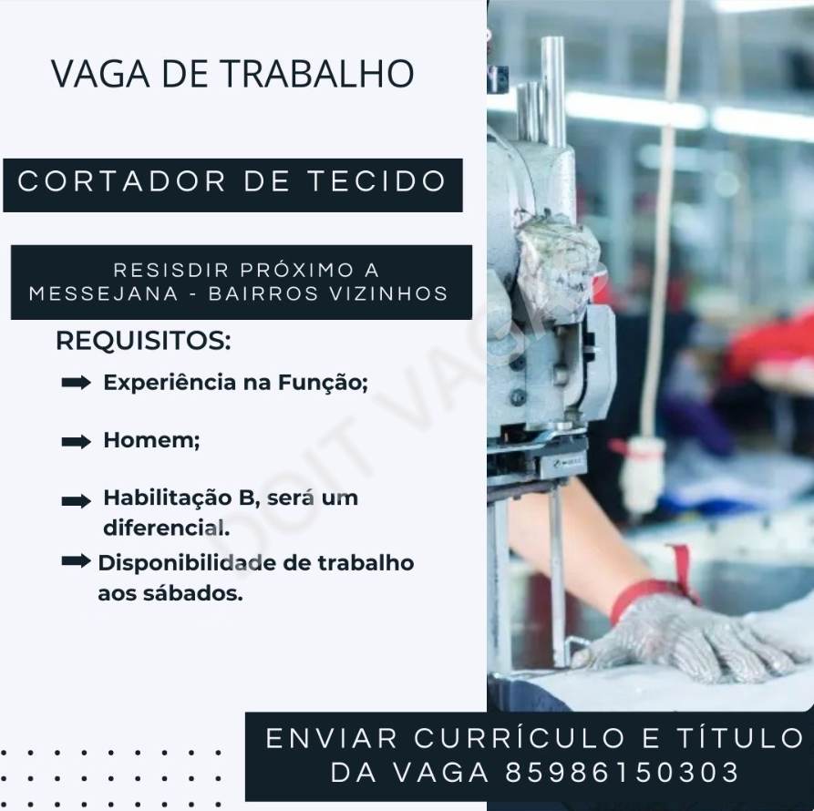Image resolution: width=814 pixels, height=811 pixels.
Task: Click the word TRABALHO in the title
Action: (x=318, y=74)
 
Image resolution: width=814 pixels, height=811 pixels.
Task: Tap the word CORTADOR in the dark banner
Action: (x=122, y=181)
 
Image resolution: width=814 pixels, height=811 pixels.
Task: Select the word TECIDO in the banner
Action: (x=376, y=181)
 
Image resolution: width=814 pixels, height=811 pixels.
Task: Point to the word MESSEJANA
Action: (x=104, y=293)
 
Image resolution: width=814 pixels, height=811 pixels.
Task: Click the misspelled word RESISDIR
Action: (x=171, y=271)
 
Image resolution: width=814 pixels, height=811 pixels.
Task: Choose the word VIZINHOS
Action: (x=389, y=293)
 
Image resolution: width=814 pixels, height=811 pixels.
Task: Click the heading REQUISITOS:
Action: (x=143, y=341)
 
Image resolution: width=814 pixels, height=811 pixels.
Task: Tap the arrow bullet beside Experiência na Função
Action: (x=77, y=383)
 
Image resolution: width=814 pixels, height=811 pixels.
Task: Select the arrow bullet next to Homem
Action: (x=77, y=442)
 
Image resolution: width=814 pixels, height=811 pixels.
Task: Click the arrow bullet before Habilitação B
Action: (x=77, y=500)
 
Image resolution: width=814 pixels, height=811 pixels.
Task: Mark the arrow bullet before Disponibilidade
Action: (x=77, y=560)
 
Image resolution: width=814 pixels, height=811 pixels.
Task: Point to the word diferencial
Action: (x=166, y=529)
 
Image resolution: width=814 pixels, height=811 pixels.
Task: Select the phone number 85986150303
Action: (x=623, y=772)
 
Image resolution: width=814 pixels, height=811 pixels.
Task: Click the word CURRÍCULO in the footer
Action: (x=519, y=738)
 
